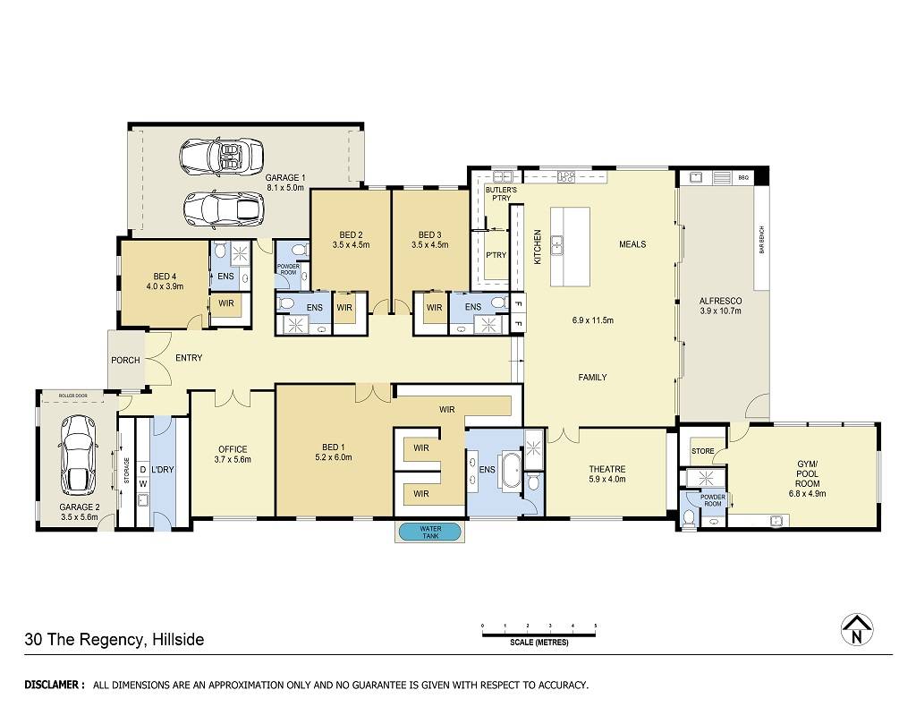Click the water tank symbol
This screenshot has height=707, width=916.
(429, 532)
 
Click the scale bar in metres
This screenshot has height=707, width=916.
(539, 631)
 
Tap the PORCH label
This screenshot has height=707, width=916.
(125, 360)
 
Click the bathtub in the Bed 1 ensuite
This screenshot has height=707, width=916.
(510, 469)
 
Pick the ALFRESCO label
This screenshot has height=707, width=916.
(720, 301)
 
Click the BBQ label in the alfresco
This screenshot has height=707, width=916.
(743, 177)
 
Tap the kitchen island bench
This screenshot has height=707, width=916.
(570, 246)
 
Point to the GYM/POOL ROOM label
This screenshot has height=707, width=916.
(808, 473)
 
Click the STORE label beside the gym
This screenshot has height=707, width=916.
(703, 451)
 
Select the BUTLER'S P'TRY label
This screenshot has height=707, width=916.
(501, 194)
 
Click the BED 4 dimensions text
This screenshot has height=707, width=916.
(165, 286)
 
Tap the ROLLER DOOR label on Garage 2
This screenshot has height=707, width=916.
(73, 396)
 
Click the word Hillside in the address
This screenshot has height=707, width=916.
(178, 639)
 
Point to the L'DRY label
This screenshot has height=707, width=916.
(163, 469)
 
